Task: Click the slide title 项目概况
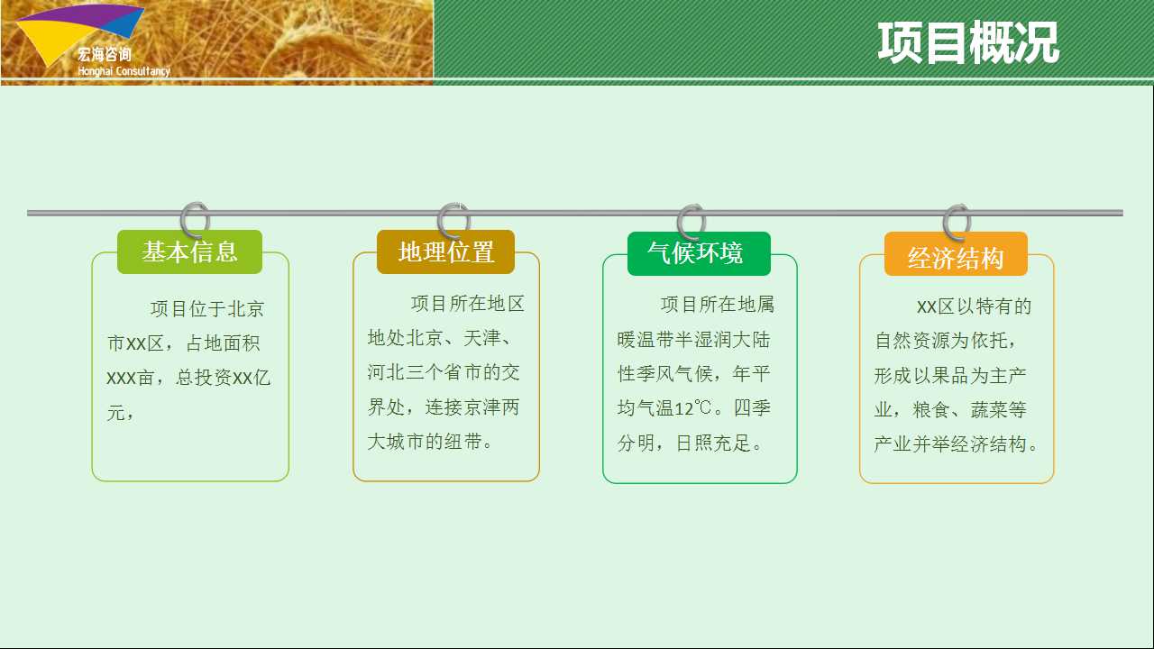(x=968, y=43)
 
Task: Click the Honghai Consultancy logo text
(x=124, y=71)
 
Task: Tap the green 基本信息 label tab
(x=189, y=251)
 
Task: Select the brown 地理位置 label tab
(x=445, y=251)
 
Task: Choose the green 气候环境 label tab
(x=699, y=253)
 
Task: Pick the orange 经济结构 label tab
(x=956, y=254)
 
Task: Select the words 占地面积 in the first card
(x=223, y=343)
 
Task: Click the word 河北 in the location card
(x=386, y=372)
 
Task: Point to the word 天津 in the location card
(x=482, y=338)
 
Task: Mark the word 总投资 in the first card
(x=204, y=378)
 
